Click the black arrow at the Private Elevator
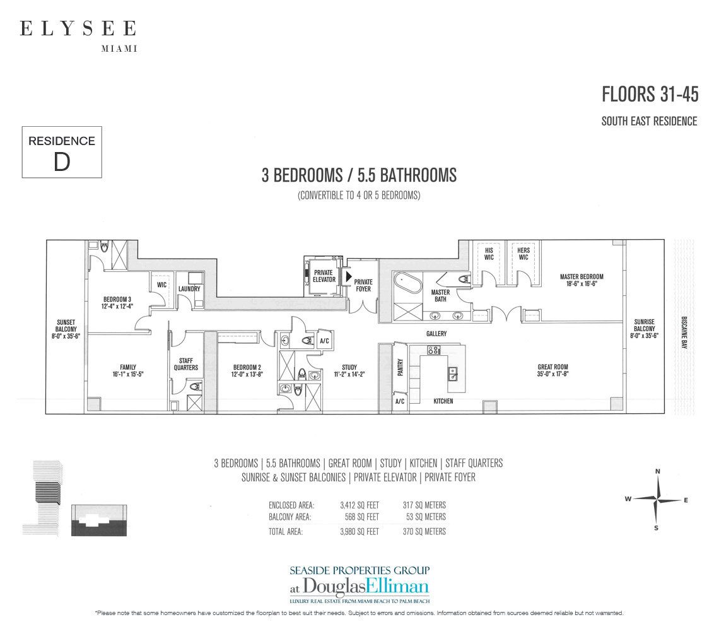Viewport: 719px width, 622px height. [349, 276]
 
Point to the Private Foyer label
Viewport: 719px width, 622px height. [363, 285]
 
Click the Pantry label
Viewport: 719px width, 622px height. [400, 367]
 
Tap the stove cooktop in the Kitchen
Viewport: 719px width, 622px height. [433, 351]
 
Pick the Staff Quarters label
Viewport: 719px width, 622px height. [185, 364]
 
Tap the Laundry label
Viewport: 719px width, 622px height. [189, 289]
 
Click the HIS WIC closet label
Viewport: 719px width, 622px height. [489, 254]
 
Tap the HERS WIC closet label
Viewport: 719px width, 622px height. [523, 254]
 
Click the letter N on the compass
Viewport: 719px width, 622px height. [658, 471]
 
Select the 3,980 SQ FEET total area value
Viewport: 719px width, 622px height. [359, 532]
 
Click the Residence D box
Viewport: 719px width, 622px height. [62, 152]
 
